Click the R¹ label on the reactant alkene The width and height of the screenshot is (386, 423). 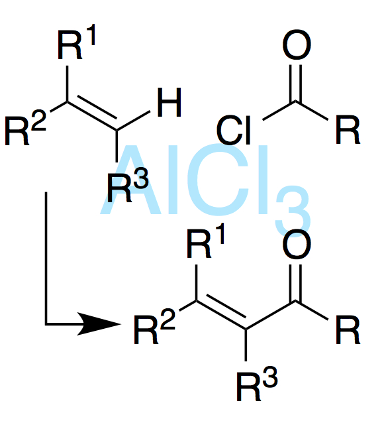77,42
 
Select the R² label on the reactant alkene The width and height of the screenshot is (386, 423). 26,127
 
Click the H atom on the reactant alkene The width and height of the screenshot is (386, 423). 169,102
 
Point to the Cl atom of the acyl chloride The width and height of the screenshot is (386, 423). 234,130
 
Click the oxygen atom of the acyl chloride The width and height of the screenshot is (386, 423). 297,44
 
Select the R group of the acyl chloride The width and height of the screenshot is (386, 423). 348,130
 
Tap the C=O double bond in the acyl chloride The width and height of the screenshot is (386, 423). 296,83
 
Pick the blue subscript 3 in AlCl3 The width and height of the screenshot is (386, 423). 293,211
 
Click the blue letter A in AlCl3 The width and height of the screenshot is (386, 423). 130,180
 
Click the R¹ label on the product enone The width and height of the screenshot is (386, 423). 206,241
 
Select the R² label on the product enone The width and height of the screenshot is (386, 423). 155,326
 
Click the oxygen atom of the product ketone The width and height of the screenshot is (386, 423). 297,244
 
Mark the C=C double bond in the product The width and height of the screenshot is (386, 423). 221,315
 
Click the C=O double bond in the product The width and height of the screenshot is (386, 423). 296,282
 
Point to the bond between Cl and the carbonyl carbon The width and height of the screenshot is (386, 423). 279,110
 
